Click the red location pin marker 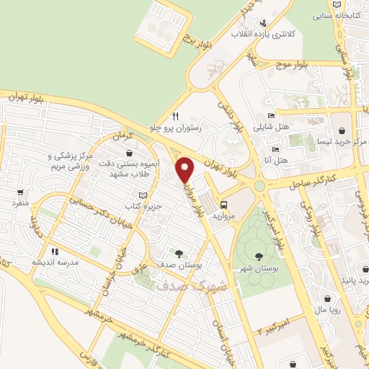click(x=184, y=170)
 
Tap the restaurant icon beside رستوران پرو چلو click(x=175, y=116)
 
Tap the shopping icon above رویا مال click(x=328, y=299)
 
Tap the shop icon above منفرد click(x=21, y=192)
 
